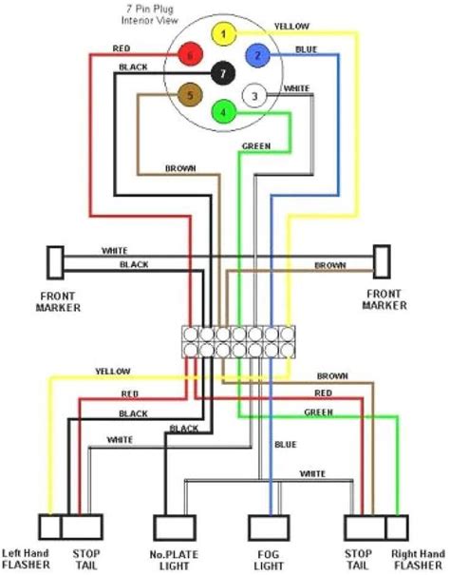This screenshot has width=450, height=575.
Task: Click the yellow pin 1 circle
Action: [x=223, y=36]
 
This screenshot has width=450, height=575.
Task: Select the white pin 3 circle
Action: [x=253, y=95]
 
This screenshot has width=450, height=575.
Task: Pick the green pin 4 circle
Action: [x=223, y=112]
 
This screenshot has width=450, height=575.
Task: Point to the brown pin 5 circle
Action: [x=191, y=95]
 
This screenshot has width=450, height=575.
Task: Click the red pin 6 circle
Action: [x=191, y=56]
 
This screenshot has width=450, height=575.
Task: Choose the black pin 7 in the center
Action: [x=223, y=73]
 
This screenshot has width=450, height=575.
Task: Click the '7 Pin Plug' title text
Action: [x=156, y=8]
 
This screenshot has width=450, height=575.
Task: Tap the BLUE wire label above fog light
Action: [x=286, y=445]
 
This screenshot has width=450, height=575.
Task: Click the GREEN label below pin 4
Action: [x=256, y=146]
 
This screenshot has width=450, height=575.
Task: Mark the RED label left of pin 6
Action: [x=122, y=47]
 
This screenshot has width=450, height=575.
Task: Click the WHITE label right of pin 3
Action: [x=296, y=87]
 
